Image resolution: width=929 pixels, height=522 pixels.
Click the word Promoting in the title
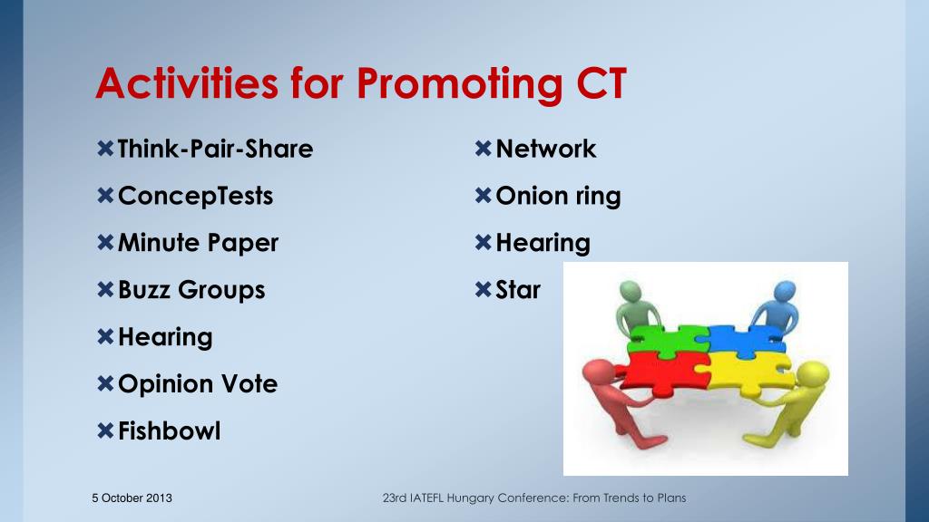(x=459, y=84)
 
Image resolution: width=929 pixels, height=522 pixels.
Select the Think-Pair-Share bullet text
(x=215, y=149)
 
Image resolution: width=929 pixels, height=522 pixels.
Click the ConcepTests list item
(x=196, y=197)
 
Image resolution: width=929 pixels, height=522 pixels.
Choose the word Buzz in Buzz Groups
(x=144, y=289)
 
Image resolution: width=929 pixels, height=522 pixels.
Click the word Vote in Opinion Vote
(x=249, y=383)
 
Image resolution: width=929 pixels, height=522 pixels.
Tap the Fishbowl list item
(x=170, y=430)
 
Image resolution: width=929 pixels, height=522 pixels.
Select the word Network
(x=545, y=149)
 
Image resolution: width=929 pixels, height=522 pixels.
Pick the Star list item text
(x=518, y=289)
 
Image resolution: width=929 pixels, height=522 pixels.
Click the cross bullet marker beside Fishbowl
(x=105, y=430)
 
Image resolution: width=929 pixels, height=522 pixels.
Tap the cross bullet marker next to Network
(x=483, y=149)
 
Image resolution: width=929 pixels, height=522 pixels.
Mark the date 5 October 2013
(x=132, y=498)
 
